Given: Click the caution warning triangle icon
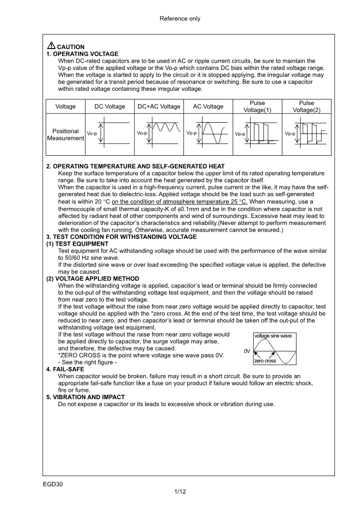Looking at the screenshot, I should [x=51, y=46].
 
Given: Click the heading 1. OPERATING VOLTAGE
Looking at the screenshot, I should [x=82, y=54].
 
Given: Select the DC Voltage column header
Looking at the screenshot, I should [x=109, y=107].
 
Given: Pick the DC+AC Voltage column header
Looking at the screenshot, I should [x=159, y=107].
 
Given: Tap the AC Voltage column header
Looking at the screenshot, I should [x=208, y=107].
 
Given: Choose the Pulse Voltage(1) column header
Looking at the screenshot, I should [x=257, y=107].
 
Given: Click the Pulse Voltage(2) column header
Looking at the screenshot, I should [x=306, y=107].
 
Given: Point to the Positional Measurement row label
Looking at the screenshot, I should [x=66, y=135].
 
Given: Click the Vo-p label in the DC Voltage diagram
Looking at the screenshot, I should [x=92, y=134].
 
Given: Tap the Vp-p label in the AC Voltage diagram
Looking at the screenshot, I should [x=192, y=134].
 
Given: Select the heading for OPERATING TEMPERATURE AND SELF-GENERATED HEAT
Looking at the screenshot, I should [x=135, y=167].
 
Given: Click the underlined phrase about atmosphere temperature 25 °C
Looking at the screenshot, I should [x=179, y=202].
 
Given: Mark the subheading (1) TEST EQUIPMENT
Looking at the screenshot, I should [x=77, y=244].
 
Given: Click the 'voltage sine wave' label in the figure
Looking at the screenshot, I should [x=273, y=336].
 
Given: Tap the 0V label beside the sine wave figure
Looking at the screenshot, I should [x=247, y=352].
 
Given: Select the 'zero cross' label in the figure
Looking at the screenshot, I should [x=265, y=361].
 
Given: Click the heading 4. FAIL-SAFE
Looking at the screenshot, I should [x=65, y=370].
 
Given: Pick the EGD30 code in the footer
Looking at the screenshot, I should [x=53, y=484].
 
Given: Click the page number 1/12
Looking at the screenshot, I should [x=180, y=492].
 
